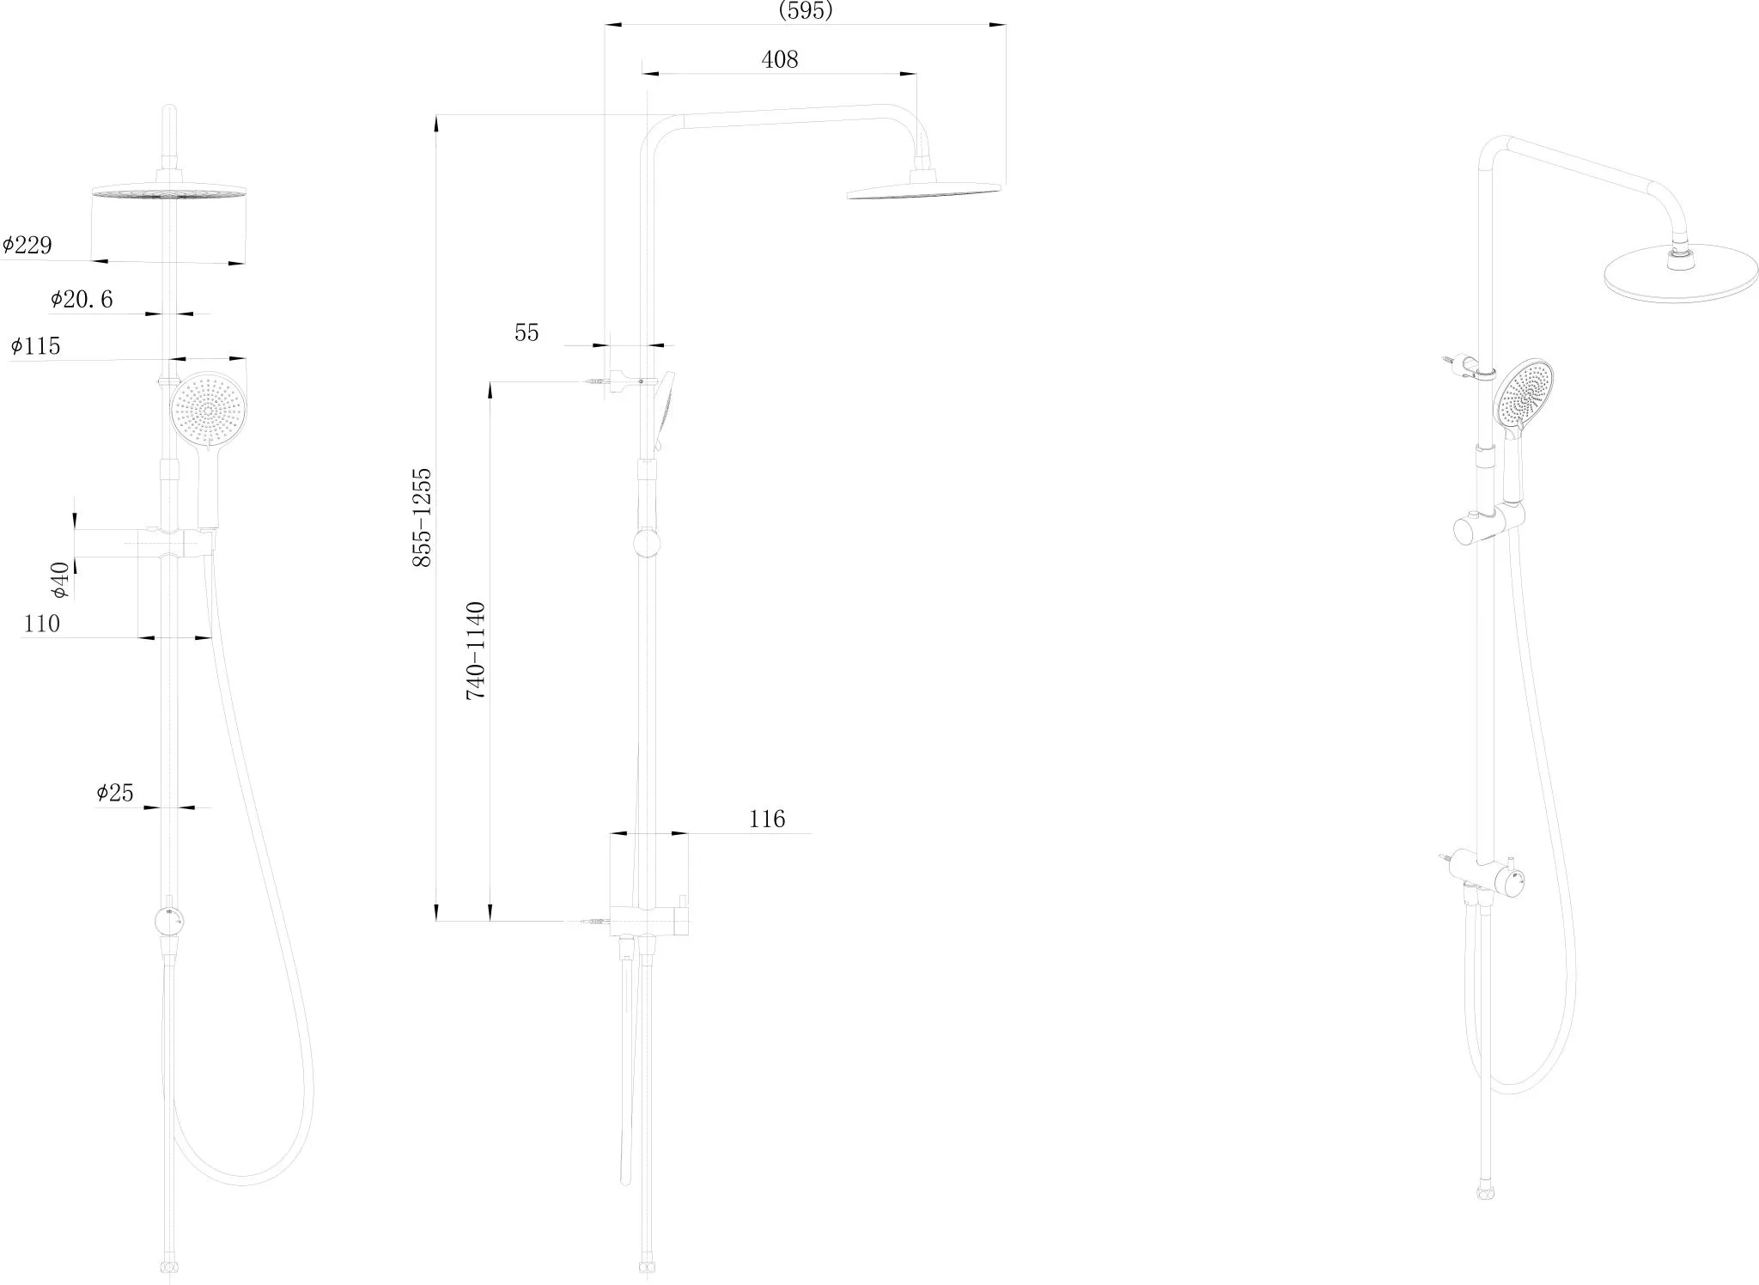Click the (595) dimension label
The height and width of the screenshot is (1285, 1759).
point(805,10)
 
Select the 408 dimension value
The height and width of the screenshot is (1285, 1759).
point(780,59)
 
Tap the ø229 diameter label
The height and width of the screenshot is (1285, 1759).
point(27,246)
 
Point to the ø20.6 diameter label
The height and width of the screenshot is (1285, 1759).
point(82,299)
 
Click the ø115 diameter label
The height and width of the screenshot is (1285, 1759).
point(36,346)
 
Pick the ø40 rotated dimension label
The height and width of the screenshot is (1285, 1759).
point(59,580)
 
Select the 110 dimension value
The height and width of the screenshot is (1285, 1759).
point(41,624)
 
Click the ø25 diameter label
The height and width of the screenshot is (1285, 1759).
point(115,793)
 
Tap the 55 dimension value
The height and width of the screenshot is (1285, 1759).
point(526,332)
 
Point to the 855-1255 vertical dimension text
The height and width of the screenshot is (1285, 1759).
point(422,517)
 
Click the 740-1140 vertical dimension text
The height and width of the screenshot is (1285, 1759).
point(475,651)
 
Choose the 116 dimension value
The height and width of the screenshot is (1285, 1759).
point(767,819)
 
